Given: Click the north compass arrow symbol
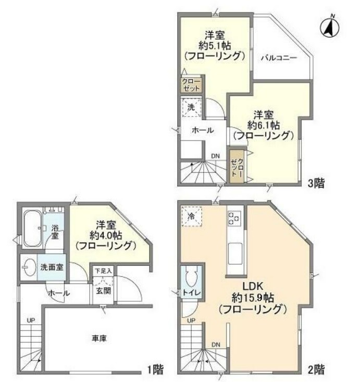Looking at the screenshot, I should (329, 28).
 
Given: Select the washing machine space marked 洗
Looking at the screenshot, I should (191, 108).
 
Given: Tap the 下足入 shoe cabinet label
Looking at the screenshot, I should (103, 272).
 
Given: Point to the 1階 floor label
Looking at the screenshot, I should (155, 370).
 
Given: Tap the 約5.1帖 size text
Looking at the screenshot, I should (214, 45).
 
